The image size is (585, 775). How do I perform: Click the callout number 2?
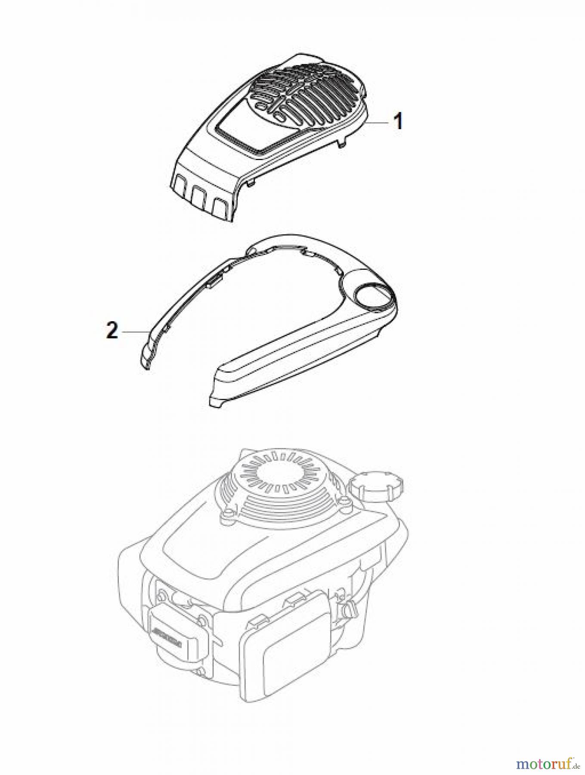pos(112,332)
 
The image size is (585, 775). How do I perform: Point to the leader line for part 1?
pos(378,123)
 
